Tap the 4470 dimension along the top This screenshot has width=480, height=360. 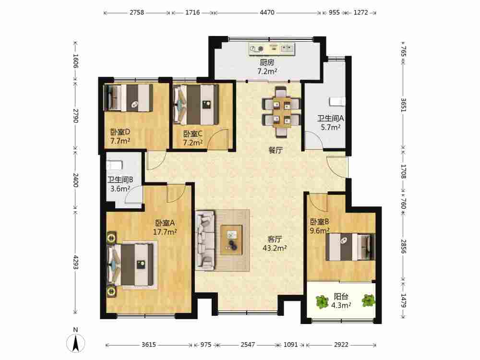[x=267, y=12]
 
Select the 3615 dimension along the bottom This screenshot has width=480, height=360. [x=149, y=345]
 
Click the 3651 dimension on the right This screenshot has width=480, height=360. [x=404, y=105]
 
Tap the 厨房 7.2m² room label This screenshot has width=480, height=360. [x=267, y=67]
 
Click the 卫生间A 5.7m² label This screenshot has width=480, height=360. [x=331, y=122]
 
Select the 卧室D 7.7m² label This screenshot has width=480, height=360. [x=120, y=136]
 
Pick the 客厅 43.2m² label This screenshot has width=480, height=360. [x=275, y=244]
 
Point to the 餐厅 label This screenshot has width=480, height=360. [x=276, y=150]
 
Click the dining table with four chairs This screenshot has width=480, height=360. [x=281, y=112]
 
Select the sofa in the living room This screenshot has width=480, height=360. [x=205, y=240]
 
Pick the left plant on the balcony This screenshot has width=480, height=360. [x=322, y=301]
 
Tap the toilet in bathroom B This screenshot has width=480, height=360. [x=115, y=165]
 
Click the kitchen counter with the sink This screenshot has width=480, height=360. [x=272, y=49]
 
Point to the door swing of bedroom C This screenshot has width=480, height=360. [x=218, y=139]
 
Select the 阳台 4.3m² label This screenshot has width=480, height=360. [x=341, y=301]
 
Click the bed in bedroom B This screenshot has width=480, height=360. [x=350, y=247]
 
